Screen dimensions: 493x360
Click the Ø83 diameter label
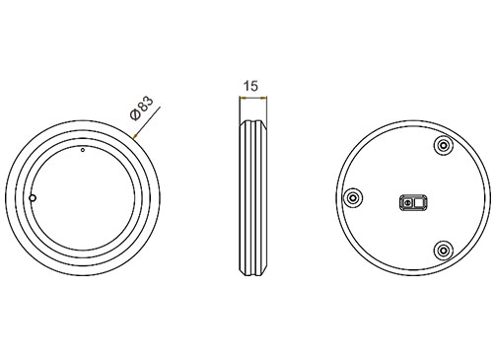click(142, 108)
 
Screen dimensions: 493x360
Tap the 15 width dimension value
click(250, 86)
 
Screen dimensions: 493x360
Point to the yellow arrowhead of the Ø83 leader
click(135, 136)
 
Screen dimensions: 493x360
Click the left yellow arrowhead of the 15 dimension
click(243, 98)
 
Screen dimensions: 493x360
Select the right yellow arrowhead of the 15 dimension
click(263, 98)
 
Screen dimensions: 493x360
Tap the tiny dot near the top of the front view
click(83, 150)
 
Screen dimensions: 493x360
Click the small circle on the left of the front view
click(33, 198)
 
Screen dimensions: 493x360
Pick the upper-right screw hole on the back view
click(444, 145)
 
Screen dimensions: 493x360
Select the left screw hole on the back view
click(353, 198)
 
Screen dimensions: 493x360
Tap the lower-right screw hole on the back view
click(444, 251)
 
